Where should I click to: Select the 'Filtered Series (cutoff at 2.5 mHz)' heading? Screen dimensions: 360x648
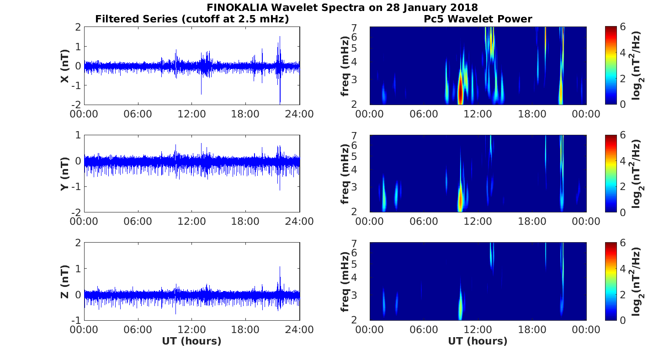(x=192, y=19)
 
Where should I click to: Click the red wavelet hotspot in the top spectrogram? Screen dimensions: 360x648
(x=461, y=91)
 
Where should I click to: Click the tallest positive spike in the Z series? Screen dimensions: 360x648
(x=280, y=270)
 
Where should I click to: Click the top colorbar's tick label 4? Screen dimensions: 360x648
(x=622, y=53)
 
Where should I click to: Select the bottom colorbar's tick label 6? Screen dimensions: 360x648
(x=622, y=243)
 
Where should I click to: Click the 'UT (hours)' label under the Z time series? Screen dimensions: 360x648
(x=191, y=341)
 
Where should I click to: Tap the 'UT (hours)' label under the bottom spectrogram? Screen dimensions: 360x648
(x=478, y=341)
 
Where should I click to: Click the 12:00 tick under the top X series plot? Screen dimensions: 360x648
(x=191, y=114)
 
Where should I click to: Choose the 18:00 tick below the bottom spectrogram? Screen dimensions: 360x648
(x=532, y=329)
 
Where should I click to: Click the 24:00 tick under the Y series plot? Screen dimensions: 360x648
(x=300, y=222)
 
